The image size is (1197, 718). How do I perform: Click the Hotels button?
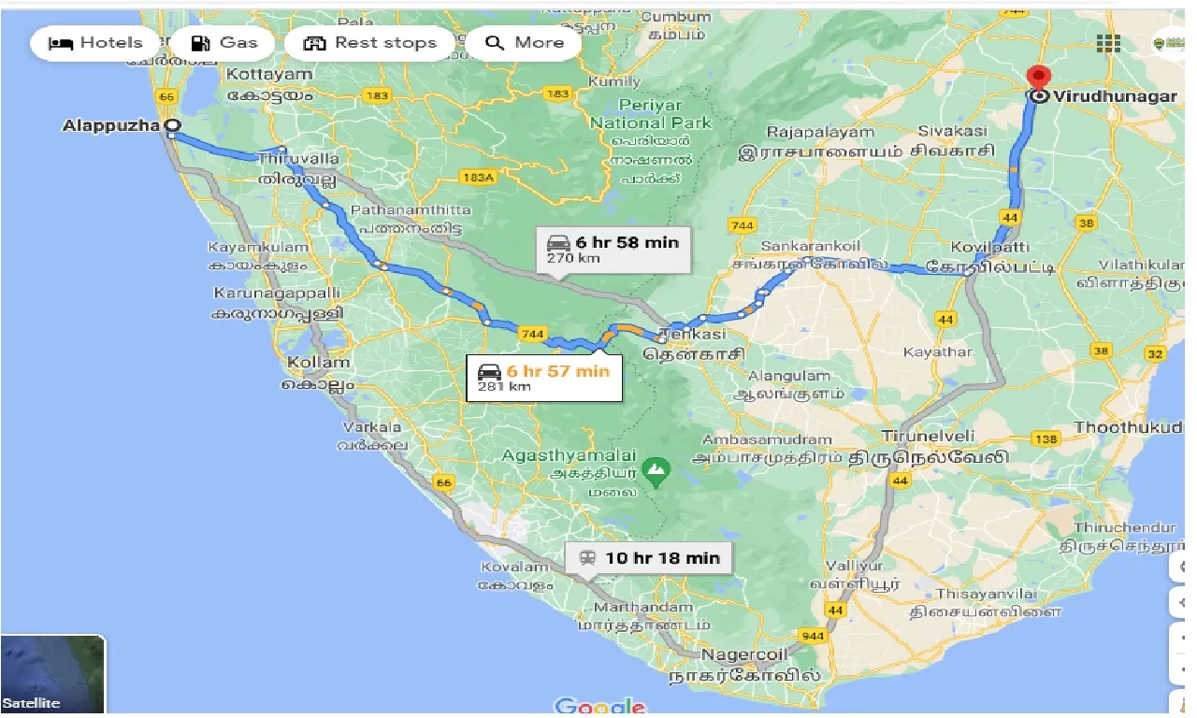[x=95, y=43]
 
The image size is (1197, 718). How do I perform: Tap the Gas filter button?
[x=224, y=43]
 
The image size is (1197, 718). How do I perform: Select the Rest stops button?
[x=370, y=43]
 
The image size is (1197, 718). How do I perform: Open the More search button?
[x=526, y=43]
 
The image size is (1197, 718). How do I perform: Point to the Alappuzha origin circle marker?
[x=171, y=125]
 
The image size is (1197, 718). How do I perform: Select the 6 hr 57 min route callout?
[x=544, y=378]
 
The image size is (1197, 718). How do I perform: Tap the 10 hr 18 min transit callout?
[x=649, y=558]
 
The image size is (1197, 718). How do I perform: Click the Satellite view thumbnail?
[x=52, y=674]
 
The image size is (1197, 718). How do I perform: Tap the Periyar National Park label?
[x=651, y=114]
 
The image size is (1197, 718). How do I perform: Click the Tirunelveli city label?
[x=930, y=436]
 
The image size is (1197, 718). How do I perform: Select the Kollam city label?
[x=319, y=362]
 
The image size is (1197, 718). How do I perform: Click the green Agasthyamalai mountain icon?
[x=656, y=467]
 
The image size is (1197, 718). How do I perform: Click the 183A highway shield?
[x=477, y=178]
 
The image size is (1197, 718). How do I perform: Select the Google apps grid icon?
[x=1108, y=43]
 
